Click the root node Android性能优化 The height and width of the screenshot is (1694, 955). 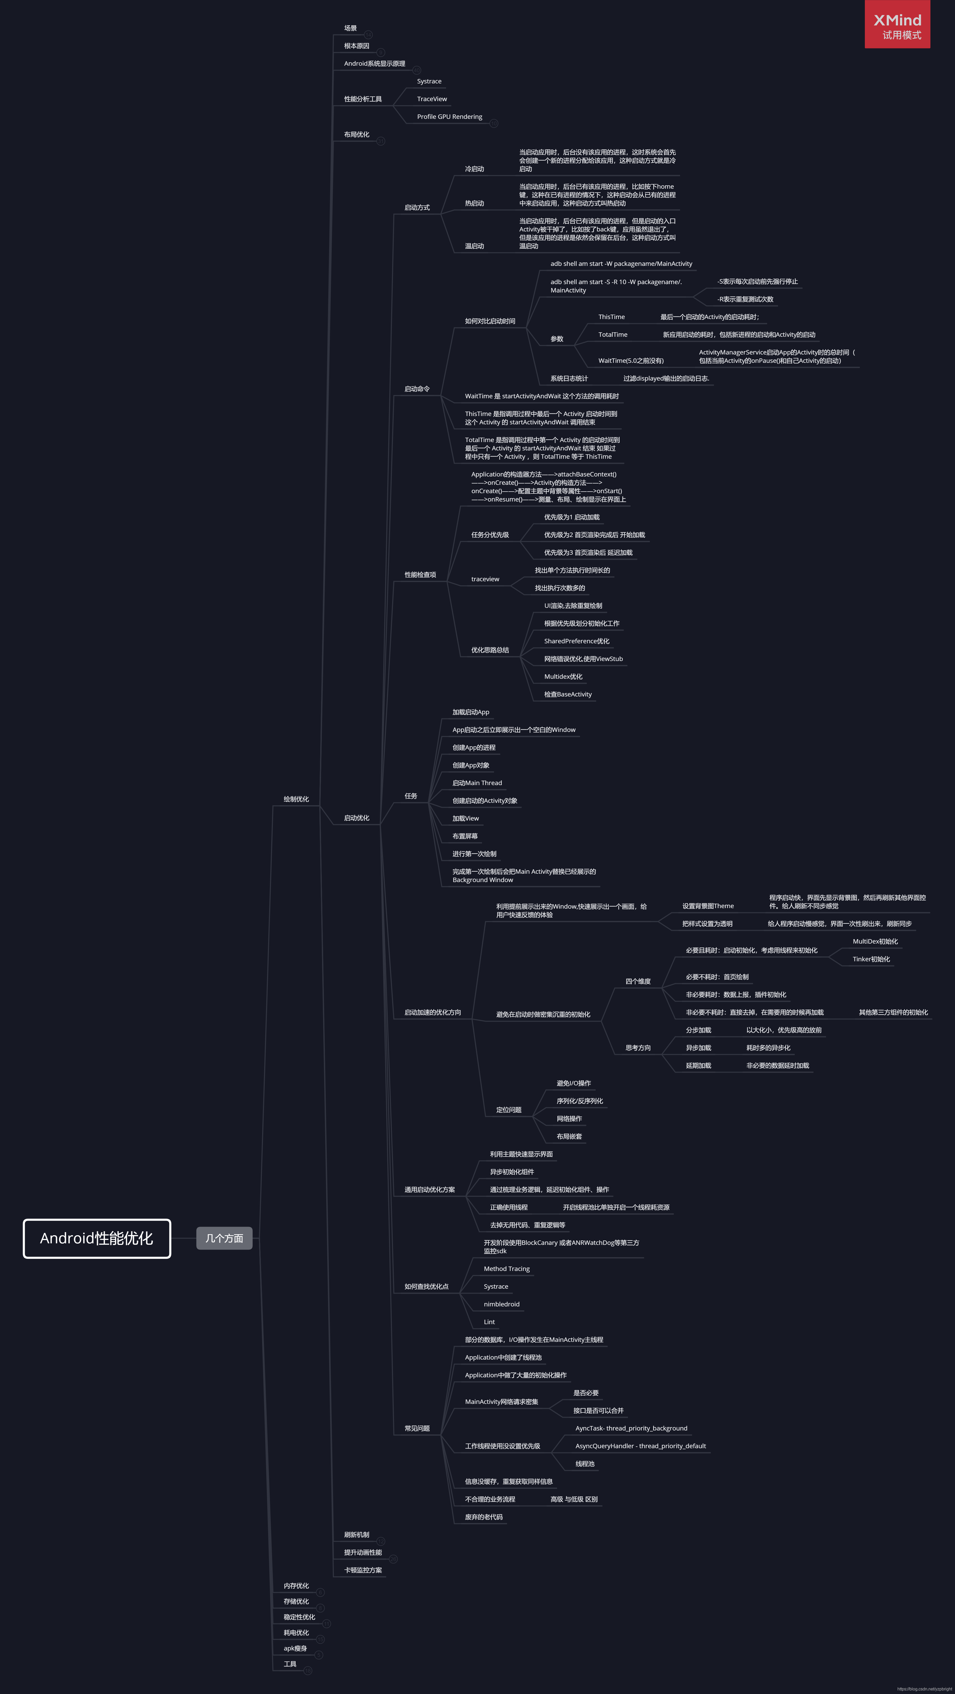coord(97,1238)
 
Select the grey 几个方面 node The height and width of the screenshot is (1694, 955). coord(224,1238)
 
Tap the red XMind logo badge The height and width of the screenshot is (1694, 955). coord(897,24)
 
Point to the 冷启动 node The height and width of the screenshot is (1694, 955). coord(475,169)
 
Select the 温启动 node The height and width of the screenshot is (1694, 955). coord(475,246)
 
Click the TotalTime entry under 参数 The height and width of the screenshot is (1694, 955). coord(613,335)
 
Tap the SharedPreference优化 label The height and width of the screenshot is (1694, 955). coord(576,641)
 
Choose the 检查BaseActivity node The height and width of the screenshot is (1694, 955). coord(568,694)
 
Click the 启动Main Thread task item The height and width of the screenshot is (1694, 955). coord(477,783)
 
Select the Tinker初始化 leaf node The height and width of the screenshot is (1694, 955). coord(872,959)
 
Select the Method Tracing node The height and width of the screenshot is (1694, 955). coord(507,1269)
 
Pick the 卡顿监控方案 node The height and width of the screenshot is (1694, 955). coord(363,1570)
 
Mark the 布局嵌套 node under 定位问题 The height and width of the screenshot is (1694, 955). coord(569,1136)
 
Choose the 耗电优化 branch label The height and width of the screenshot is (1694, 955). coord(296,1633)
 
